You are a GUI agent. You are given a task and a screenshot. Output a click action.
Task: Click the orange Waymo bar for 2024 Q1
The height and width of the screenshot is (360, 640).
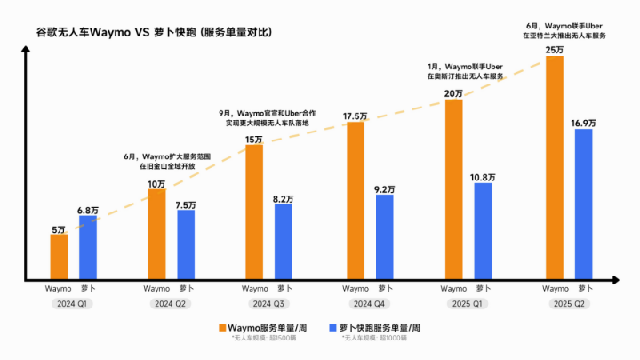pos(59,257)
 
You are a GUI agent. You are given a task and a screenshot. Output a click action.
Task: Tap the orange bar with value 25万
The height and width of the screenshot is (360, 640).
pos(555,168)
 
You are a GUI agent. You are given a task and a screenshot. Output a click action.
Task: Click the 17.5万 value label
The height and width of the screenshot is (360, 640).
pos(356,116)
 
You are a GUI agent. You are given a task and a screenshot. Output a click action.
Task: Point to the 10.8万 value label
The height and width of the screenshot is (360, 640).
pos(483,177)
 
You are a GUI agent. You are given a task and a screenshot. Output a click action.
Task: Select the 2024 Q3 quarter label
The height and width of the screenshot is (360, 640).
pos(268,305)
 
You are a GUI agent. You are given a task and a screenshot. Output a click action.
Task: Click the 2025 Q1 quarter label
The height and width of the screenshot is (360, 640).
pos(468,305)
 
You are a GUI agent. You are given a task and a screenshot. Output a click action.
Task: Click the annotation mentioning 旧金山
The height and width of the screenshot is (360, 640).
pos(169,163)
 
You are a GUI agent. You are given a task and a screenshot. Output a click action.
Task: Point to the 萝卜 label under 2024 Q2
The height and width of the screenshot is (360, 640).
pos(185,288)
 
